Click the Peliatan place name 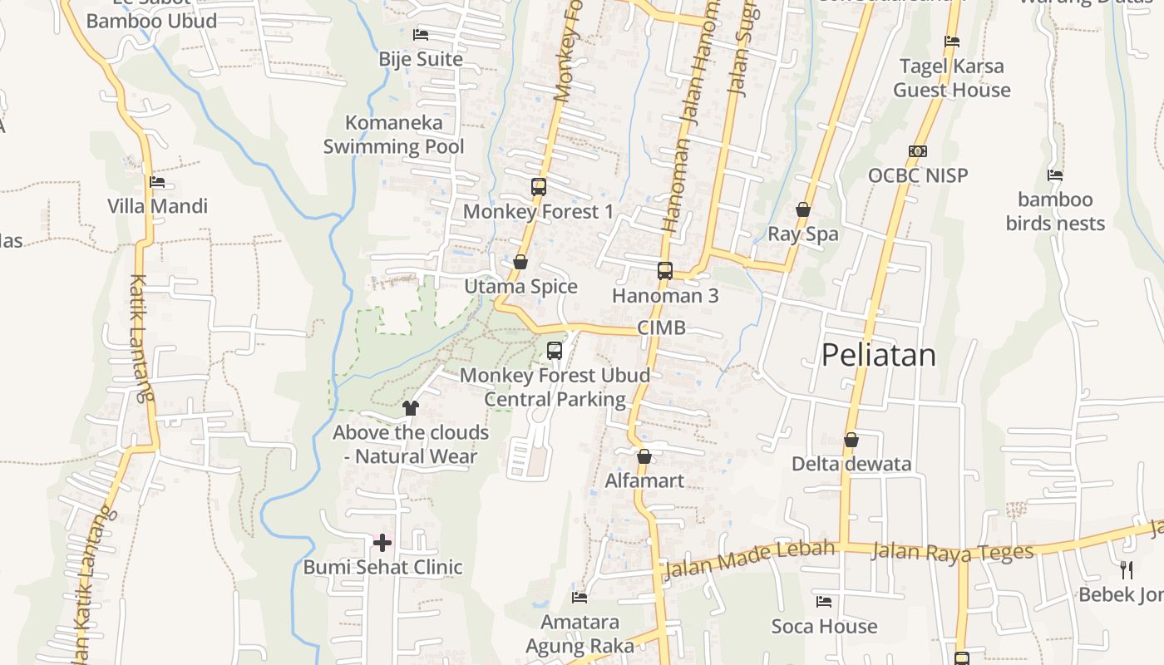pyautogui.click(x=878, y=355)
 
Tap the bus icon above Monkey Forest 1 pyautogui.click(x=539, y=187)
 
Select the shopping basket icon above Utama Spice pyautogui.click(x=520, y=263)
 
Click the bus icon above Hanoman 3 pyautogui.click(x=665, y=270)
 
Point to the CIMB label pyautogui.click(x=662, y=328)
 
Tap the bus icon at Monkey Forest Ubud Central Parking pyautogui.click(x=555, y=351)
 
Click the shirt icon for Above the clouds pyautogui.click(x=411, y=408)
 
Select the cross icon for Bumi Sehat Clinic pyautogui.click(x=382, y=544)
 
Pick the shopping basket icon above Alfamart pyautogui.click(x=644, y=456)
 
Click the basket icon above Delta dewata pyautogui.click(x=851, y=440)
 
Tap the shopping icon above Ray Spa pyautogui.click(x=803, y=209)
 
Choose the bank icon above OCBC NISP pyautogui.click(x=918, y=151)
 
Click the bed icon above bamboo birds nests pyautogui.click(x=1055, y=175)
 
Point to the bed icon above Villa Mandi pyautogui.click(x=157, y=182)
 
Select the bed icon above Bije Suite pyautogui.click(x=421, y=35)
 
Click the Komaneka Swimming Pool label pyautogui.click(x=394, y=135)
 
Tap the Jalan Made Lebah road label pyautogui.click(x=748, y=560)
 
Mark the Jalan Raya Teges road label pyautogui.click(x=952, y=552)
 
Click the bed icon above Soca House pyautogui.click(x=824, y=602)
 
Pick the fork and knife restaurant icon pyautogui.click(x=1127, y=570)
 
